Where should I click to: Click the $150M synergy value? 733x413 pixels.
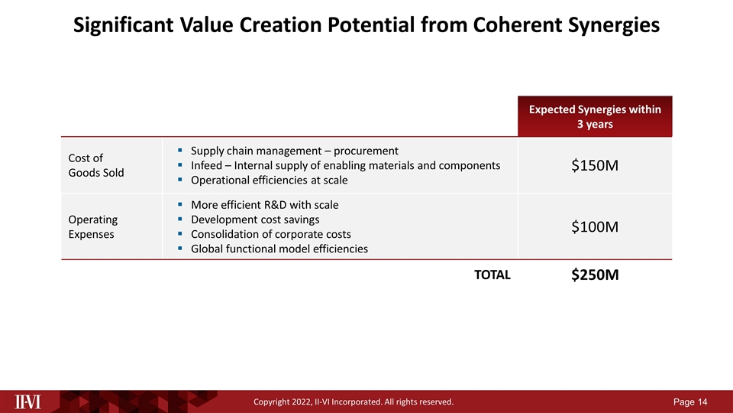click(594, 166)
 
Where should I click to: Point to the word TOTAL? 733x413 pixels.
click(492, 275)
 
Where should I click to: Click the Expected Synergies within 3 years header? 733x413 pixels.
click(595, 117)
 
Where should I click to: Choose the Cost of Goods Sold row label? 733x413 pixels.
click(96, 165)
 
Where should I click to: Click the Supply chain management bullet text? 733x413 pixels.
click(295, 150)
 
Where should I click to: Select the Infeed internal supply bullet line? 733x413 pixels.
click(345, 165)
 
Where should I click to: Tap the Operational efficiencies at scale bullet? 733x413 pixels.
click(269, 180)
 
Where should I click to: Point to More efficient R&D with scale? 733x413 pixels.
click(264, 205)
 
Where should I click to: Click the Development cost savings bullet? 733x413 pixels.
click(255, 219)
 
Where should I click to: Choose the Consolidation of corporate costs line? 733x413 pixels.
click(271, 233)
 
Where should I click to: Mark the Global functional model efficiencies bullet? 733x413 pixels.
click(279, 248)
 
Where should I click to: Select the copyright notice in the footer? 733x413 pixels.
click(353, 402)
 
